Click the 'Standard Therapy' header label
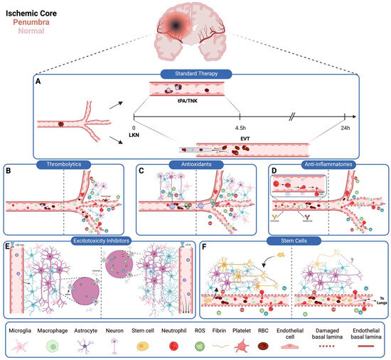point(194,72)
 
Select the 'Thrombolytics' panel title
point(69,163)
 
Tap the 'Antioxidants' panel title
point(195,163)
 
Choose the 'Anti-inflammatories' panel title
point(323,163)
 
